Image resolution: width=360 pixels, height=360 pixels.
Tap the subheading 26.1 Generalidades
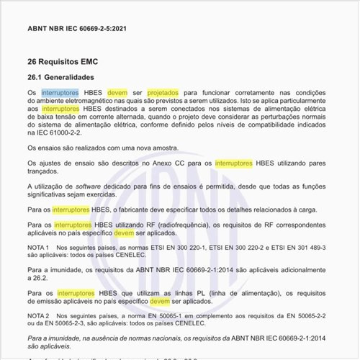[x=70, y=78]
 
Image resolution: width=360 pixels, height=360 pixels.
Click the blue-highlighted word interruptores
[x=65, y=94]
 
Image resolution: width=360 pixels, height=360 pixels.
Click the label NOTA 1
[x=38, y=247]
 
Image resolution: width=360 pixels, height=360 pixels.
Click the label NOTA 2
[x=38, y=315]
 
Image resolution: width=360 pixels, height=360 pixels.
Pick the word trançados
[x=47, y=173]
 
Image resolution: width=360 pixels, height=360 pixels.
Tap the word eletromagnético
[x=92, y=103]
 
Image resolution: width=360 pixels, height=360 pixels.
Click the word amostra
[x=155, y=148]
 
